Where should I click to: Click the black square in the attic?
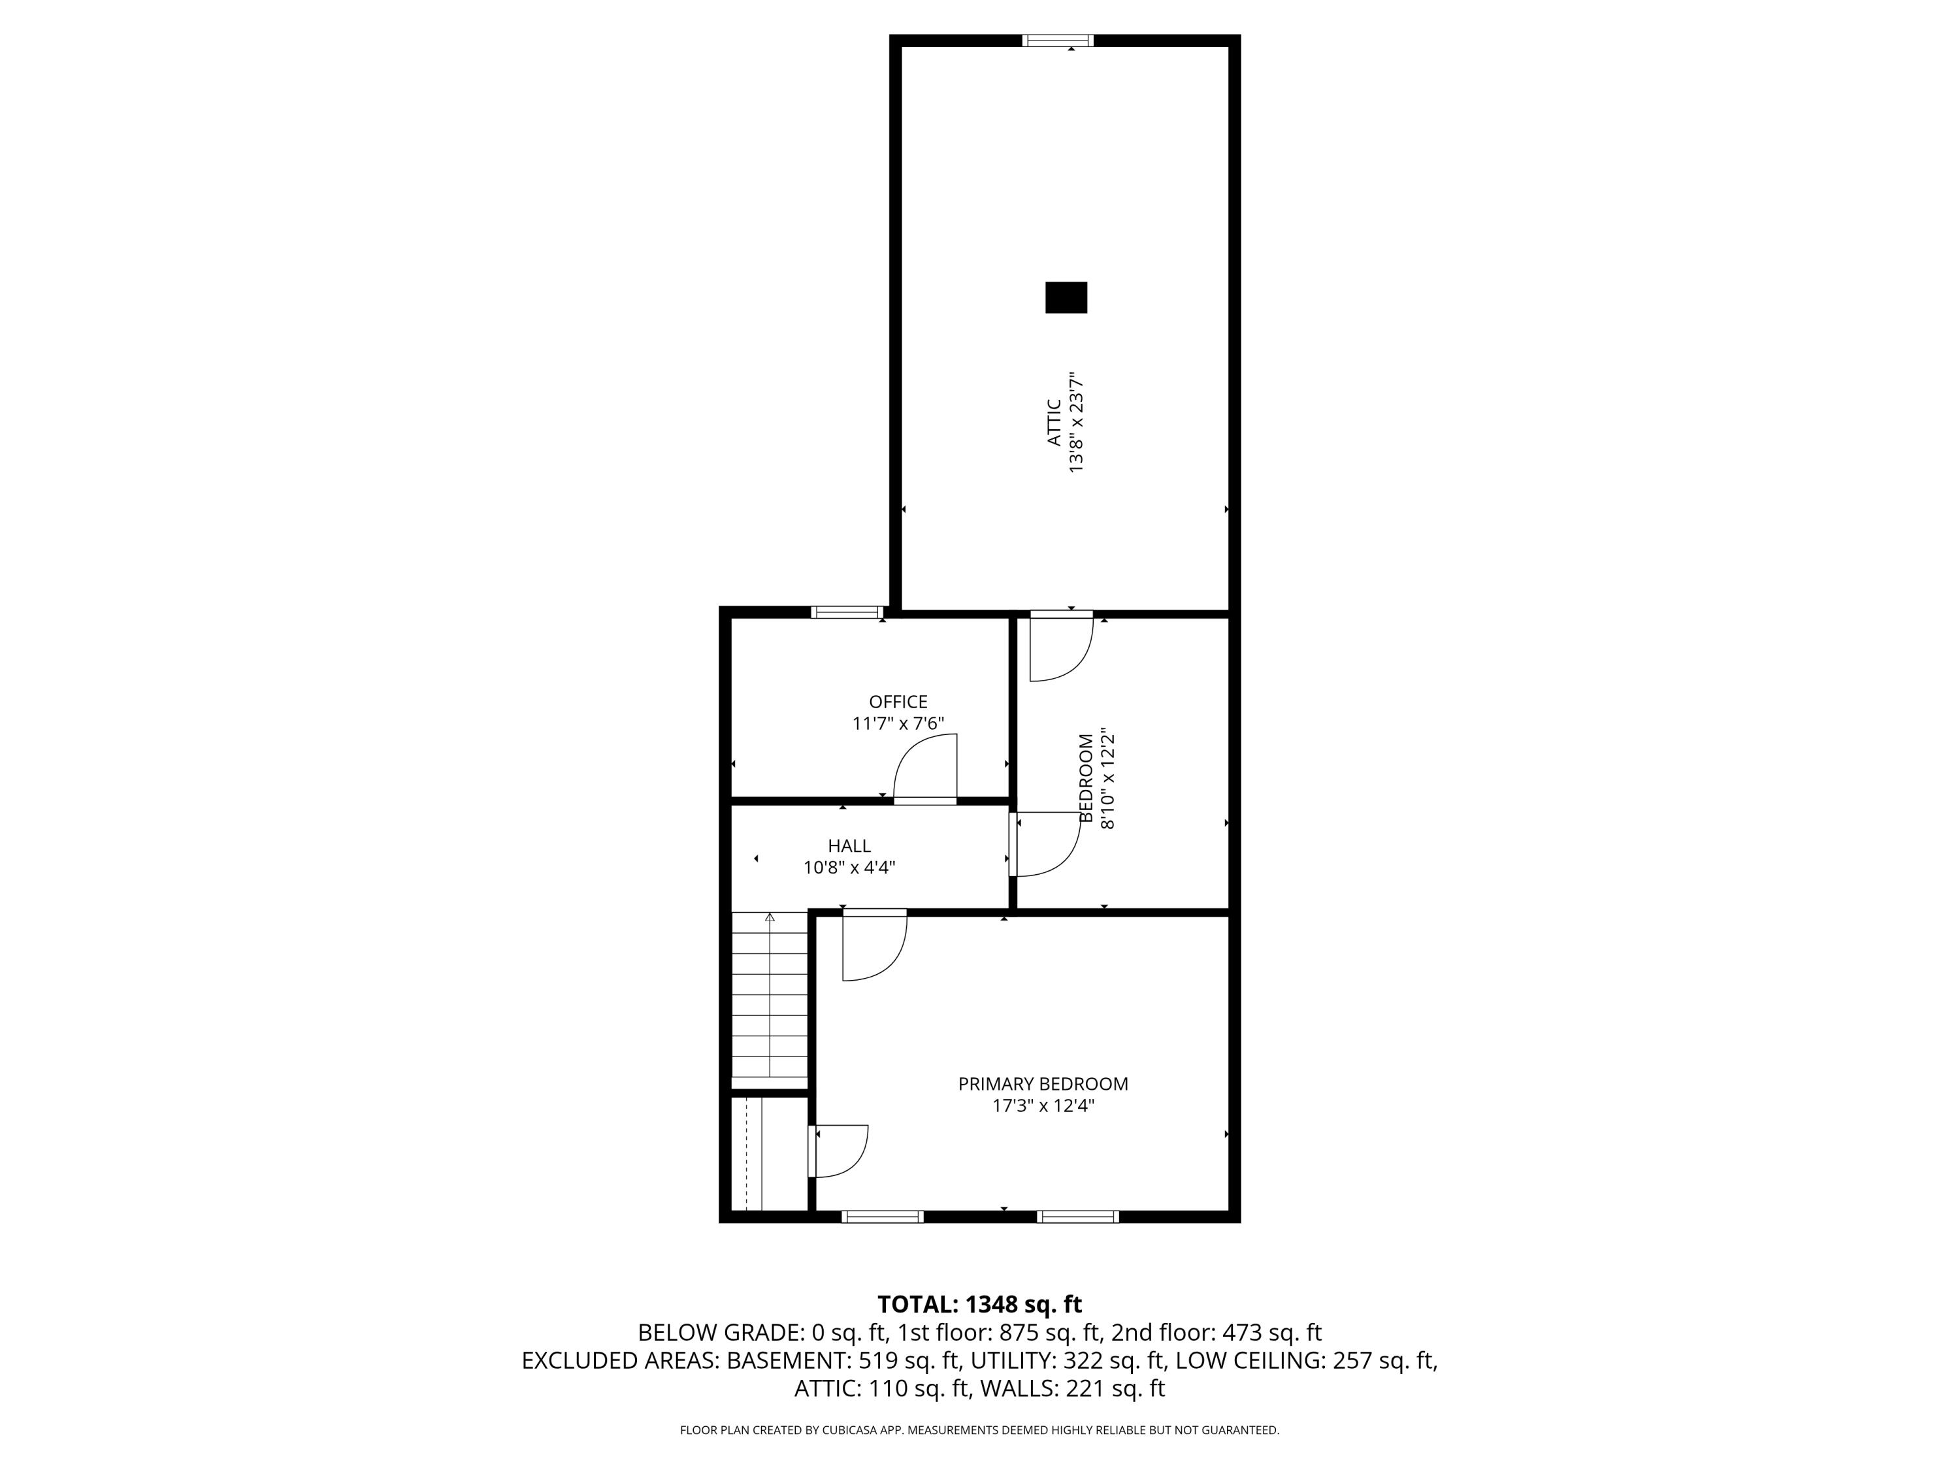1066,298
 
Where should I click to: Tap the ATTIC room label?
1054,422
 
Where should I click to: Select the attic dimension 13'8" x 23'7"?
1077,422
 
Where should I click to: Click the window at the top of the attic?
1058,40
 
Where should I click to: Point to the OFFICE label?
898,702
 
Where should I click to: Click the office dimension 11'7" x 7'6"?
898,723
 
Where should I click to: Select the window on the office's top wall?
847,612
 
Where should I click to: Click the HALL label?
849,845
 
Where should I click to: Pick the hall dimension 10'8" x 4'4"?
849,868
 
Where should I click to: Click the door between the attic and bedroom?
1060,649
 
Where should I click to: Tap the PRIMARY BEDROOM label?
1043,1084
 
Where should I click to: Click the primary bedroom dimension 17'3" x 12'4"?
1043,1106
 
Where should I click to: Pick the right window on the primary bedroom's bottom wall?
1077,1217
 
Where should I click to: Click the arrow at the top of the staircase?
770,917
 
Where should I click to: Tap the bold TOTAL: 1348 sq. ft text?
979,1304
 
